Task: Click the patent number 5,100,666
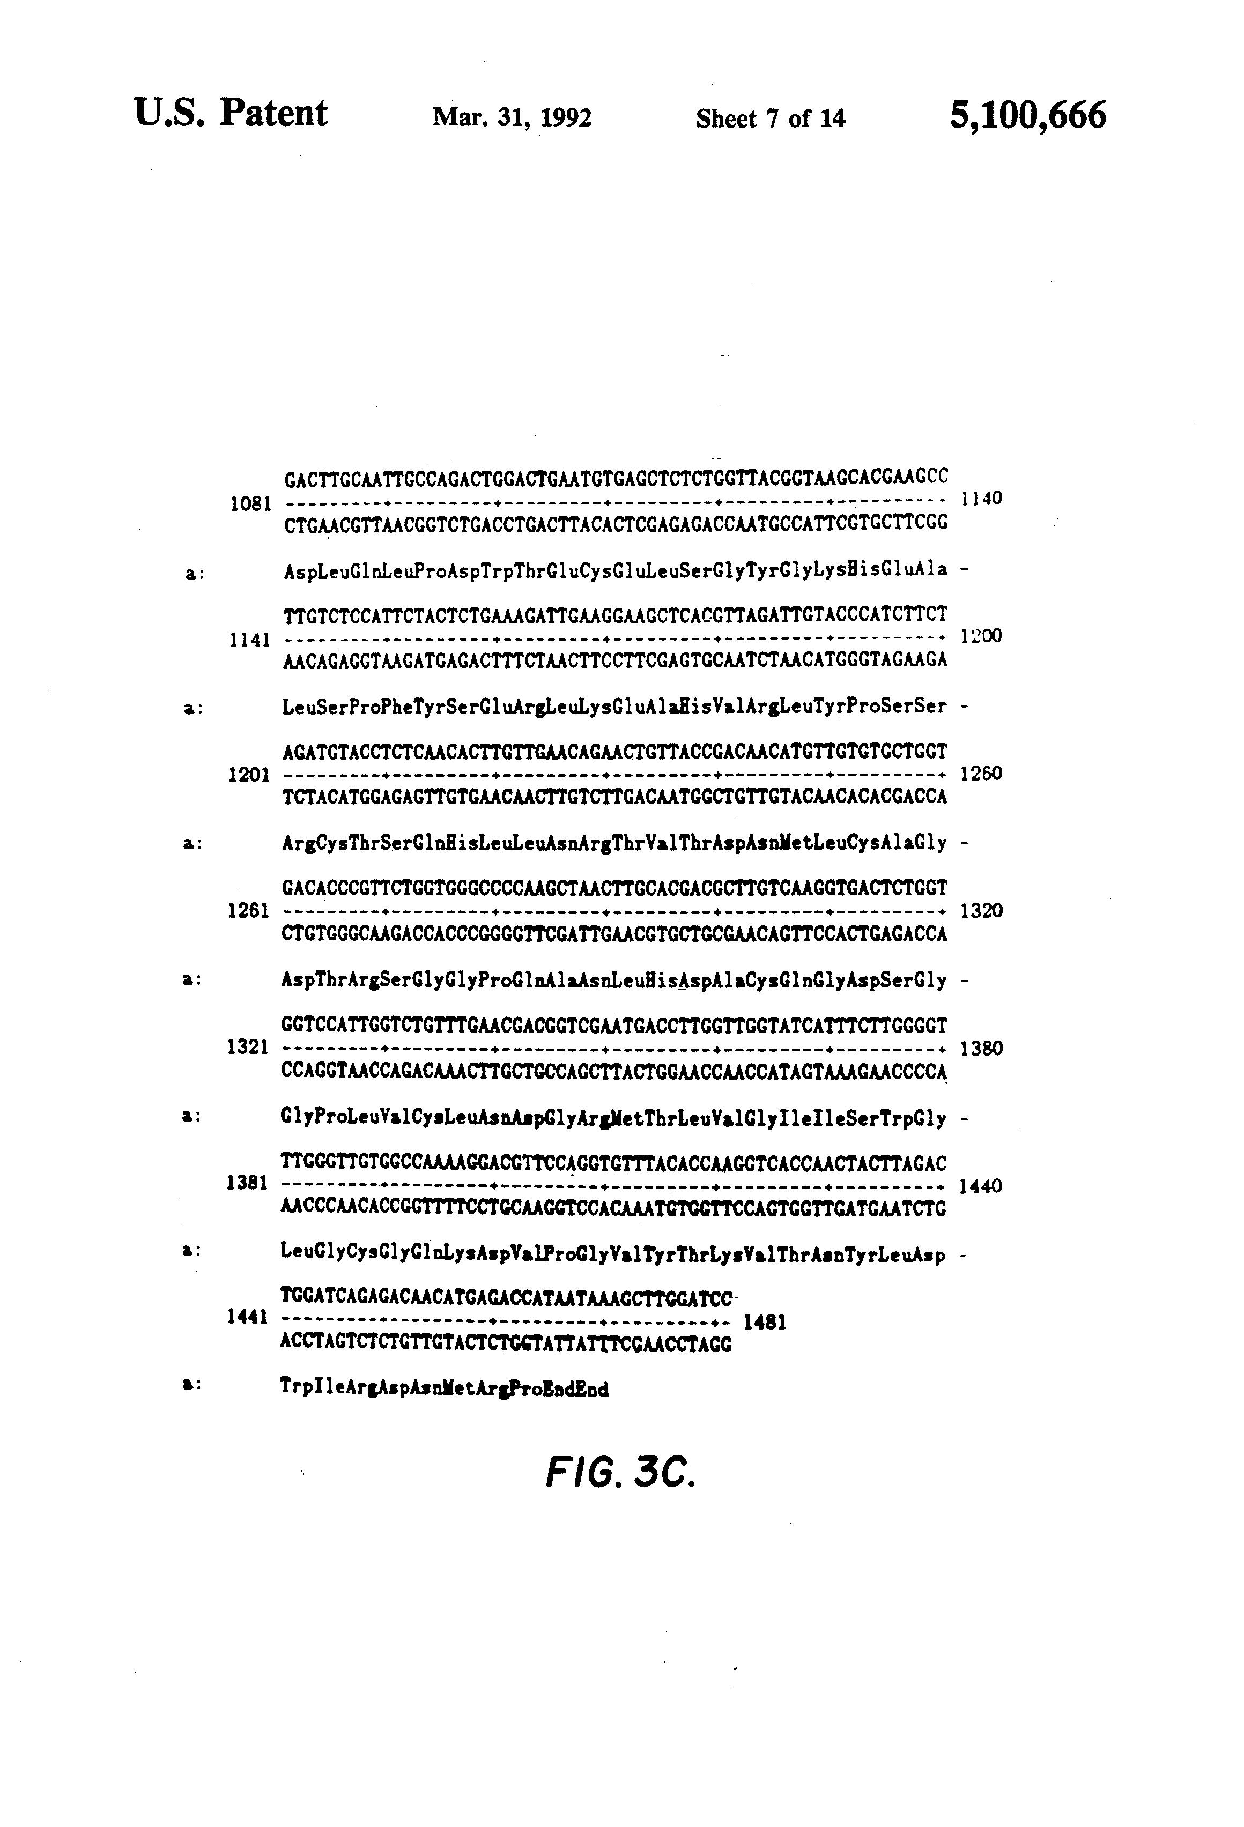pyautogui.click(x=1028, y=116)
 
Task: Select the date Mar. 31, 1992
pyautogui.click(x=512, y=118)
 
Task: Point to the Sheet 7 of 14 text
pyautogui.click(x=771, y=118)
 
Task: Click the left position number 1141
pyautogui.click(x=250, y=640)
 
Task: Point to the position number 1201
pyautogui.click(x=249, y=776)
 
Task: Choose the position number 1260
pyautogui.click(x=982, y=774)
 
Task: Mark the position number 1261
pyautogui.click(x=248, y=911)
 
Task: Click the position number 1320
pyautogui.click(x=982, y=910)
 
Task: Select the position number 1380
pyautogui.click(x=982, y=1048)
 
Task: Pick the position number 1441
pyautogui.click(x=248, y=1318)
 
